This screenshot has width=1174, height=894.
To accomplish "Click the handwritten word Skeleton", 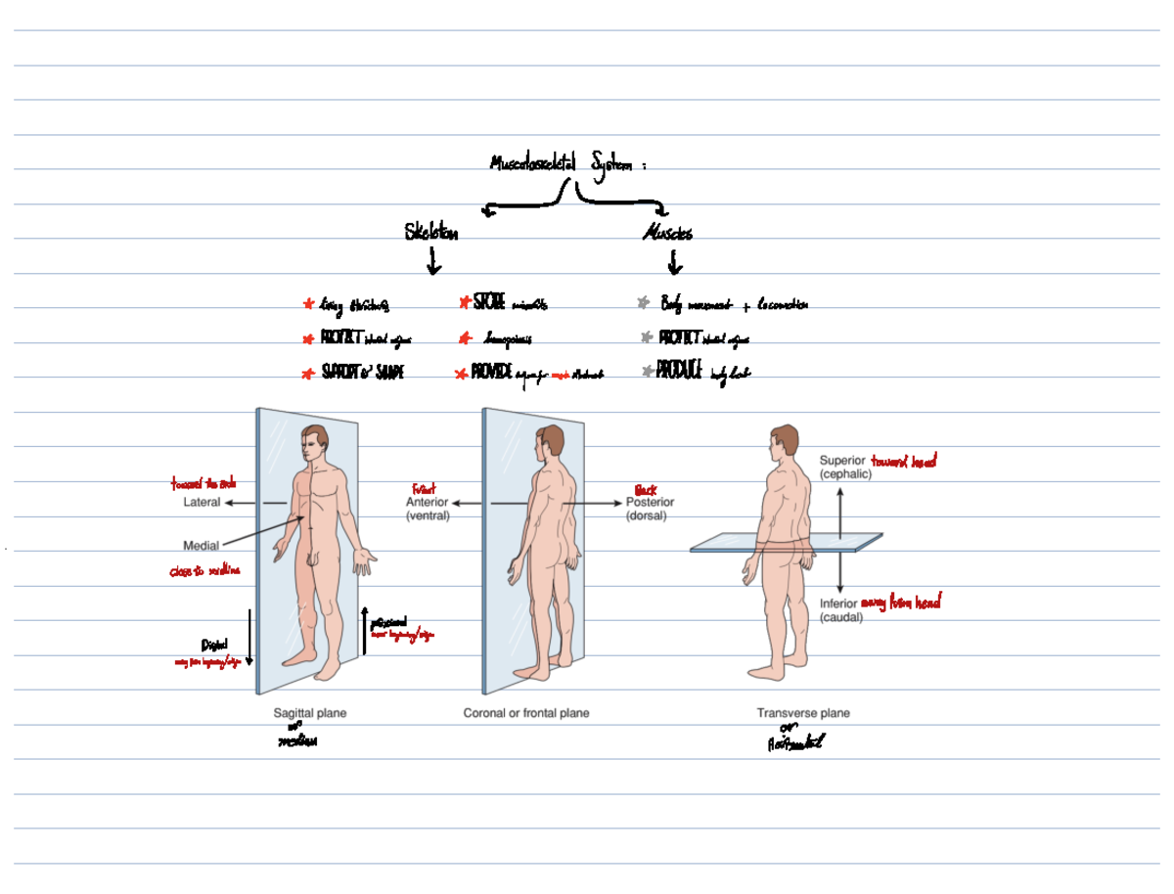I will [430, 233].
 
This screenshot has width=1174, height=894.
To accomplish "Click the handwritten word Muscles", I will [668, 234].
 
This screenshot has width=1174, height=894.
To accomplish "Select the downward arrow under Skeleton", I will [433, 262].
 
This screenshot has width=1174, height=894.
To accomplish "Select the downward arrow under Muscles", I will [674, 263].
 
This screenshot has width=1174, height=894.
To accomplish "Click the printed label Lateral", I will [202, 503].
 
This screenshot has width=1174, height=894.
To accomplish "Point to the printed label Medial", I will [201, 546].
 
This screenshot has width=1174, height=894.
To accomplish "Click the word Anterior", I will [427, 502].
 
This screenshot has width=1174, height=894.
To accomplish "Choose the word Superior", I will [841, 461].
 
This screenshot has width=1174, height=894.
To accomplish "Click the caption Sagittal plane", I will [309, 713].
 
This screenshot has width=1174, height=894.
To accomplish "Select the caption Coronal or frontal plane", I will [526, 713].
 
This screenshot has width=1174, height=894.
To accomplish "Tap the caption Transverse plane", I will [803, 713].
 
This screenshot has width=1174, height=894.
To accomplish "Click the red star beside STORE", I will [464, 304].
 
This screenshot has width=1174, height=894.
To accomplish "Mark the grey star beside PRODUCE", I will [648, 372].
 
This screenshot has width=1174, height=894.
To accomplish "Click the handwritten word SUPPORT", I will [341, 373].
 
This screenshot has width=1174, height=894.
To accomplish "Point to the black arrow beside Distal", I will [249, 636].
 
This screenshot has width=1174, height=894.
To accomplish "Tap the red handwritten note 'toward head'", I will [903, 462].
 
